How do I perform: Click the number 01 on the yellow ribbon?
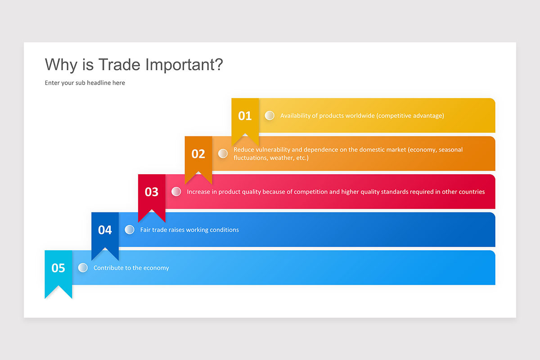[x=245, y=116]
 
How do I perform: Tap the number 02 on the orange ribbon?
[x=198, y=154]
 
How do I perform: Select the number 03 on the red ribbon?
[x=151, y=192]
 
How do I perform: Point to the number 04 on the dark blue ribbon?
[x=105, y=230]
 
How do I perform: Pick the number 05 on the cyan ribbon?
[x=58, y=268]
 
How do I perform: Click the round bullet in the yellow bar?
[x=270, y=116]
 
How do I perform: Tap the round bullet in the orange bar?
[x=223, y=153]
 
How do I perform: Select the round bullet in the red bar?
[x=176, y=192]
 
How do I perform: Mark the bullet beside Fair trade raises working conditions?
[x=130, y=229]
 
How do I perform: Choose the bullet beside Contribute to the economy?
[x=83, y=268]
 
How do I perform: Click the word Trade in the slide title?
[x=119, y=65]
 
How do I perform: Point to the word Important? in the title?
[x=184, y=65]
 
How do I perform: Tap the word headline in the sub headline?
[x=99, y=83]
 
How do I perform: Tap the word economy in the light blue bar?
[x=157, y=268]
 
